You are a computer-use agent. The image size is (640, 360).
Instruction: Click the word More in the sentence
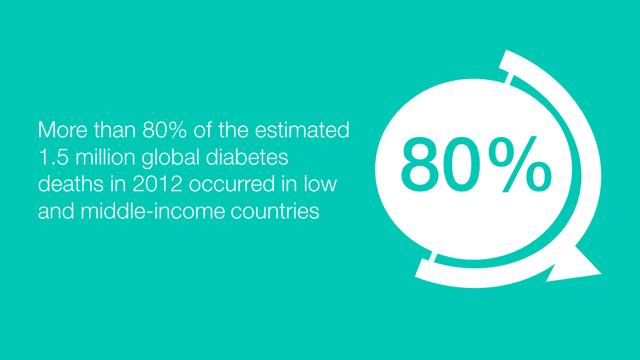[62, 130]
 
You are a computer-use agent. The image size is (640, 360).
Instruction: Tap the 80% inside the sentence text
[165, 130]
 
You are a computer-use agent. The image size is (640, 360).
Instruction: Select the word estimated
[302, 130]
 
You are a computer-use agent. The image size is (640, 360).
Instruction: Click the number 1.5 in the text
[53, 157]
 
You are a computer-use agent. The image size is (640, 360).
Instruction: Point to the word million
[105, 157]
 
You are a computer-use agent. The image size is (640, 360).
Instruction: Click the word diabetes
[247, 157]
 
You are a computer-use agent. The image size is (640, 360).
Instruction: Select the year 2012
[158, 184]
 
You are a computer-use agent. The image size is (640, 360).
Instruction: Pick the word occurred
[232, 185]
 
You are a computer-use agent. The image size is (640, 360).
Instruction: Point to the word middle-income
[153, 211]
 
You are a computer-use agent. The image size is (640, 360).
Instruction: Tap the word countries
[275, 211]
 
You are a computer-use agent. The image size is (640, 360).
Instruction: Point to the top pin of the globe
[509, 79]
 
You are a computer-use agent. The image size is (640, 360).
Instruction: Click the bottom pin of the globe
[433, 257]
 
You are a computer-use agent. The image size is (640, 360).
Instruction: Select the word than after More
[114, 130]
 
